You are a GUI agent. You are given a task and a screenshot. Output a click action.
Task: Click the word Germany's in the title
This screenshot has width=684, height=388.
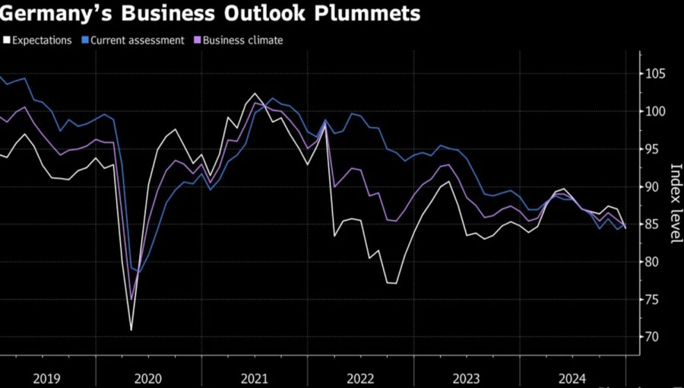click(x=52, y=14)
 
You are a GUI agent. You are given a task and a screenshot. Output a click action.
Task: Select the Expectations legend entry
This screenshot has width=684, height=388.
click(x=43, y=40)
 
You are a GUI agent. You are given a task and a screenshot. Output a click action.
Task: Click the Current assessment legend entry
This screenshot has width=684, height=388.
click(x=137, y=40)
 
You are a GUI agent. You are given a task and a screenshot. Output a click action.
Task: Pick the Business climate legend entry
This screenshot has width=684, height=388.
click(x=243, y=40)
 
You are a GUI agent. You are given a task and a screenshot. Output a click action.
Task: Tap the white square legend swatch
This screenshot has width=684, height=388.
click(x=7, y=40)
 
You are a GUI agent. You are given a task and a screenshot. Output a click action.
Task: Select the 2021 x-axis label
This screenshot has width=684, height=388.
click(x=254, y=377)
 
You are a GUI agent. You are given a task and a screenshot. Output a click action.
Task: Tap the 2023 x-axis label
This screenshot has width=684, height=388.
click(x=465, y=377)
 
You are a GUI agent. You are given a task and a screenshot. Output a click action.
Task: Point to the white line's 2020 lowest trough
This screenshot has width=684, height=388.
click(x=131, y=329)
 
